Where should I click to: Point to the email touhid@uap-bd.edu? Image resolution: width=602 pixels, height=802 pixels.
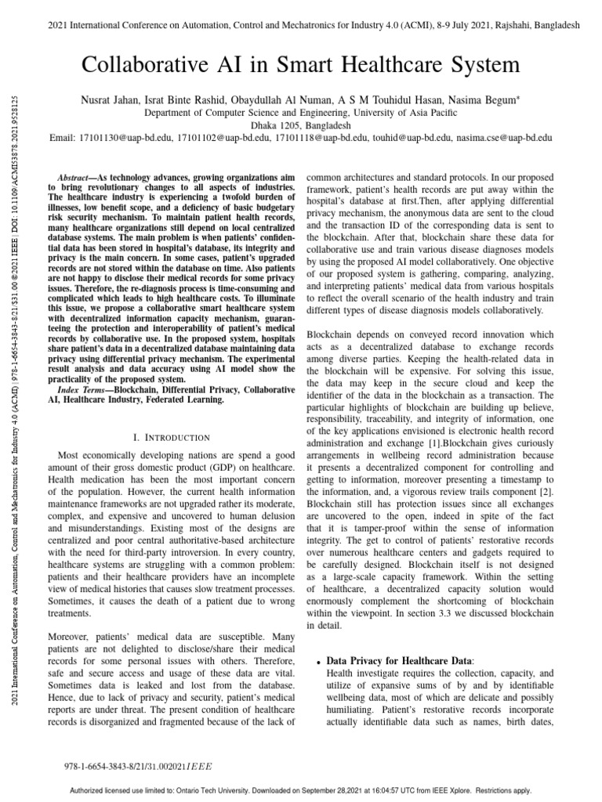click(x=412, y=136)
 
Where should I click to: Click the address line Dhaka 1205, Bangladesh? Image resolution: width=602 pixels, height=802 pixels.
click(x=301, y=125)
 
